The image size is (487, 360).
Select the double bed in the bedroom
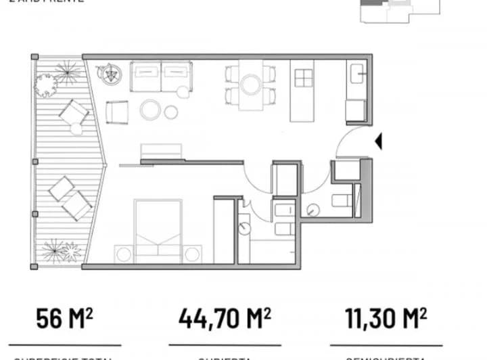click(x=158, y=228)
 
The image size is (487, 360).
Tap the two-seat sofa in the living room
click(x=161, y=76)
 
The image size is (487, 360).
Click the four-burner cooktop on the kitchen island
click(x=304, y=79)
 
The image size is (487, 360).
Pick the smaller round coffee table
click(x=171, y=112)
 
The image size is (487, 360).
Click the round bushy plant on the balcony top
click(x=45, y=84)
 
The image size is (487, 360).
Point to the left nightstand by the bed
click(x=122, y=254)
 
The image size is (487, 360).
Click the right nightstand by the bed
click(x=193, y=254)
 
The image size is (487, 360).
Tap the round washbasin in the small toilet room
click(x=312, y=209)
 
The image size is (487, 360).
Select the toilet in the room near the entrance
click(x=342, y=200)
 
